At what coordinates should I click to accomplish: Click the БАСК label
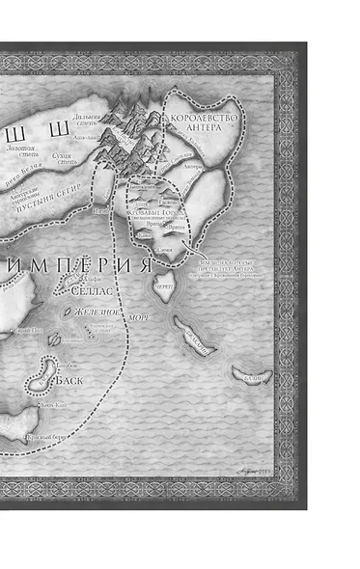pyautogui.click(x=69, y=379)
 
